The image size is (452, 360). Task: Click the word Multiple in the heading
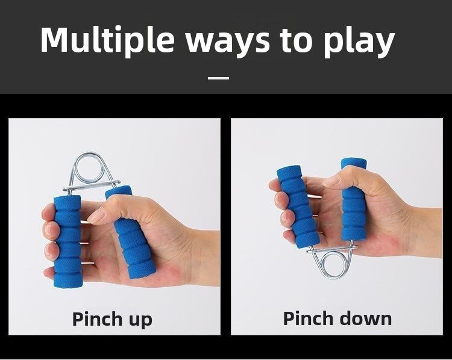pyautogui.click(x=107, y=40)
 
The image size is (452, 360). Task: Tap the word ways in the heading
pyautogui.click(x=227, y=42)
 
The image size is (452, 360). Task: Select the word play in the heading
pyautogui.click(x=359, y=42)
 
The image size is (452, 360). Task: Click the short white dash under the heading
pyautogui.click(x=219, y=78)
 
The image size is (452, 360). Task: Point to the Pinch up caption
pyautogui.click(x=112, y=319)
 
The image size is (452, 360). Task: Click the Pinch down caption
pyautogui.click(x=337, y=318)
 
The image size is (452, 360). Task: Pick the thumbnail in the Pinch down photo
pyautogui.click(x=331, y=181)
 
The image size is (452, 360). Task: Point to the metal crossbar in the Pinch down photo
pyautogui.click(x=332, y=249)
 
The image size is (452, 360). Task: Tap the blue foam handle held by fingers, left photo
pyautogui.click(x=67, y=241)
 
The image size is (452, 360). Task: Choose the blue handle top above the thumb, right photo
pyautogui.click(x=354, y=164)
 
